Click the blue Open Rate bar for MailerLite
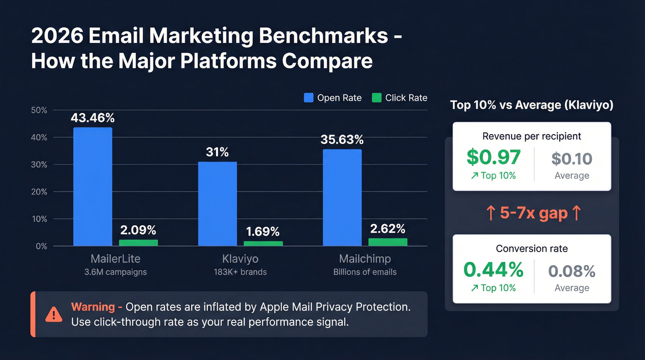coord(93,186)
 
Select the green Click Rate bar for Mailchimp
coord(388,242)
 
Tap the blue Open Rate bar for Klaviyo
coord(217,204)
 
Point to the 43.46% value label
coord(93,118)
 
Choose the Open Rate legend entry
coord(333,98)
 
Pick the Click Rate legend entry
coord(399,98)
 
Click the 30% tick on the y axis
coord(39,165)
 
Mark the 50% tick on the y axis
coord(39,110)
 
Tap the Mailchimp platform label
coord(365,259)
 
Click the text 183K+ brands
coord(240,272)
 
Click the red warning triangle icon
coord(54,314)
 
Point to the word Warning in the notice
coord(93,307)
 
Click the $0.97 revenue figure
coord(493,157)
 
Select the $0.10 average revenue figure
coord(572,159)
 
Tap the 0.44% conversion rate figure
coord(493,270)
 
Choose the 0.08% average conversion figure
coord(572,271)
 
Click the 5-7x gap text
coord(534,213)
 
